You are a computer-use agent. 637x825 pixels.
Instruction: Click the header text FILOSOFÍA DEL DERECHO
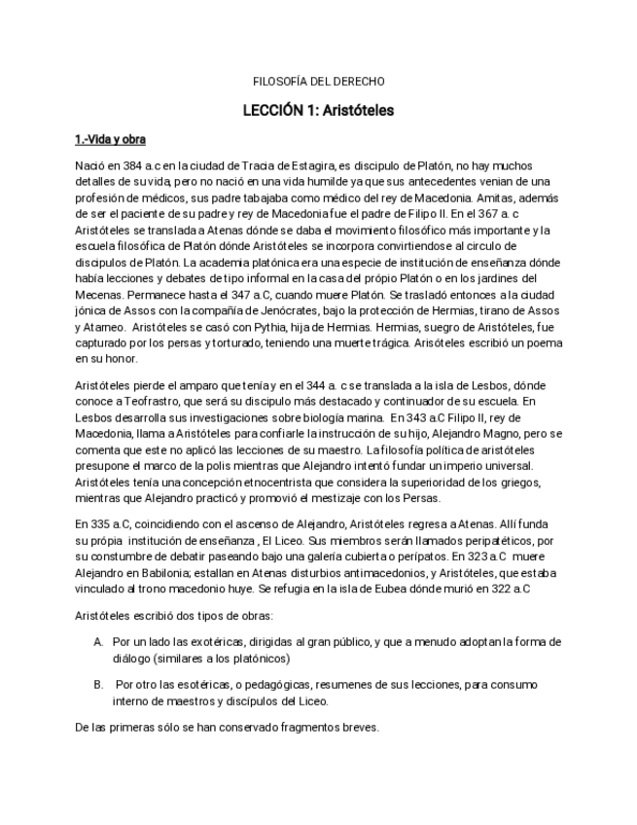[318, 81]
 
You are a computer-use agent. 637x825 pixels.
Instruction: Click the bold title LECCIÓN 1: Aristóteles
[318, 110]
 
